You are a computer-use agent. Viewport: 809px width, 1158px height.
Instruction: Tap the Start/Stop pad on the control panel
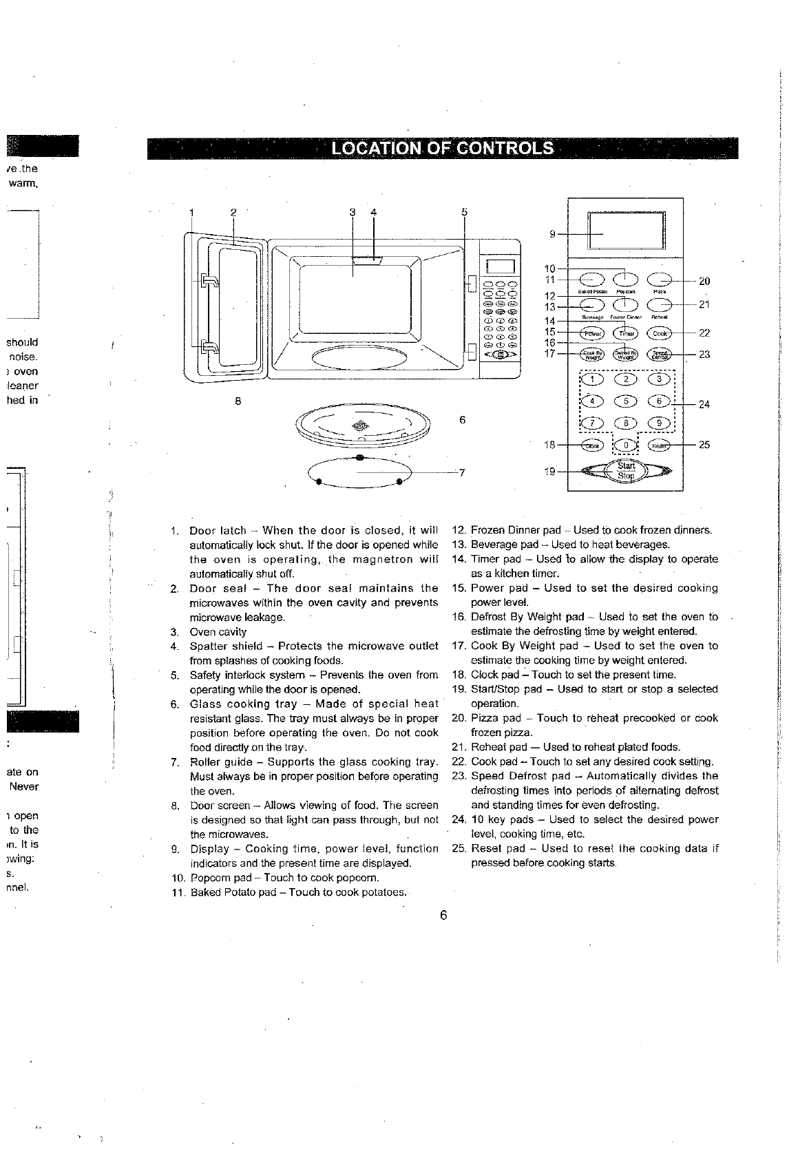[x=626, y=471]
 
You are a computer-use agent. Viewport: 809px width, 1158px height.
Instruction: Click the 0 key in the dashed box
[x=626, y=445]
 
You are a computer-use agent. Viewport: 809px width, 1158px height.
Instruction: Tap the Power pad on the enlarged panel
[x=592, y=334]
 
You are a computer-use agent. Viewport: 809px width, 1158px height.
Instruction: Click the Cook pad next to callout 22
[x=660, y=334]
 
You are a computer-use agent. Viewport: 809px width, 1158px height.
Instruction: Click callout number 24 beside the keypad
[x=704, y=404]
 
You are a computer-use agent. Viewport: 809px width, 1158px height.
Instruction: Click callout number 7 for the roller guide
[x=462, y=472]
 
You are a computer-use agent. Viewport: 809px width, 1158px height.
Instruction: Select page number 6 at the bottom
[x=444, y=915]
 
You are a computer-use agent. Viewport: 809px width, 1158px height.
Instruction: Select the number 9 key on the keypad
[x=660, y=423]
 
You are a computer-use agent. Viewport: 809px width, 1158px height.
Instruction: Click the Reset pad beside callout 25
[x=660, y=445]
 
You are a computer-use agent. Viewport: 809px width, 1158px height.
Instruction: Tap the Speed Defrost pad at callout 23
[x=660, y=355]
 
